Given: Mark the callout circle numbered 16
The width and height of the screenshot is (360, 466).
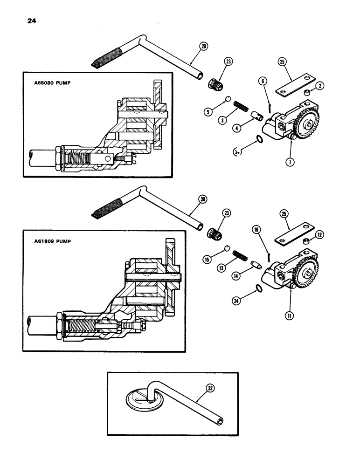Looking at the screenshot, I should point(256,229).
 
